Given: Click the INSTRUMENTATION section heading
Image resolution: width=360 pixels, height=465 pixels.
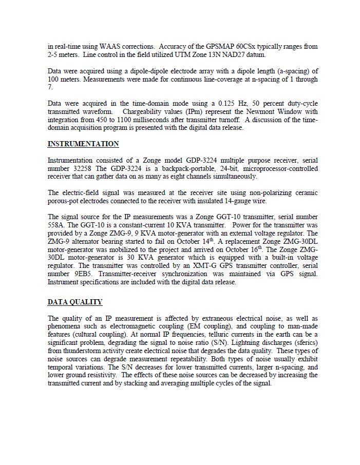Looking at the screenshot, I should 83,144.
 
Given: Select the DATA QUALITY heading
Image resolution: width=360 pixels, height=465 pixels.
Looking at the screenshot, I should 75,302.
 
